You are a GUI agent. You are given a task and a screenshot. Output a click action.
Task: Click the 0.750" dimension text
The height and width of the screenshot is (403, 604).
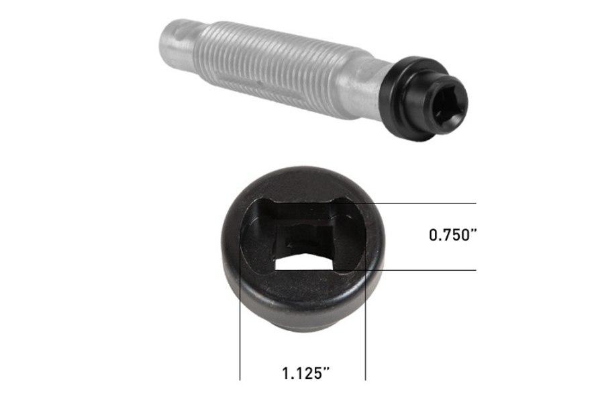(454, 236)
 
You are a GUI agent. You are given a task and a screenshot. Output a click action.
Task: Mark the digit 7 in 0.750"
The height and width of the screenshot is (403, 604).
(449, 236)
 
